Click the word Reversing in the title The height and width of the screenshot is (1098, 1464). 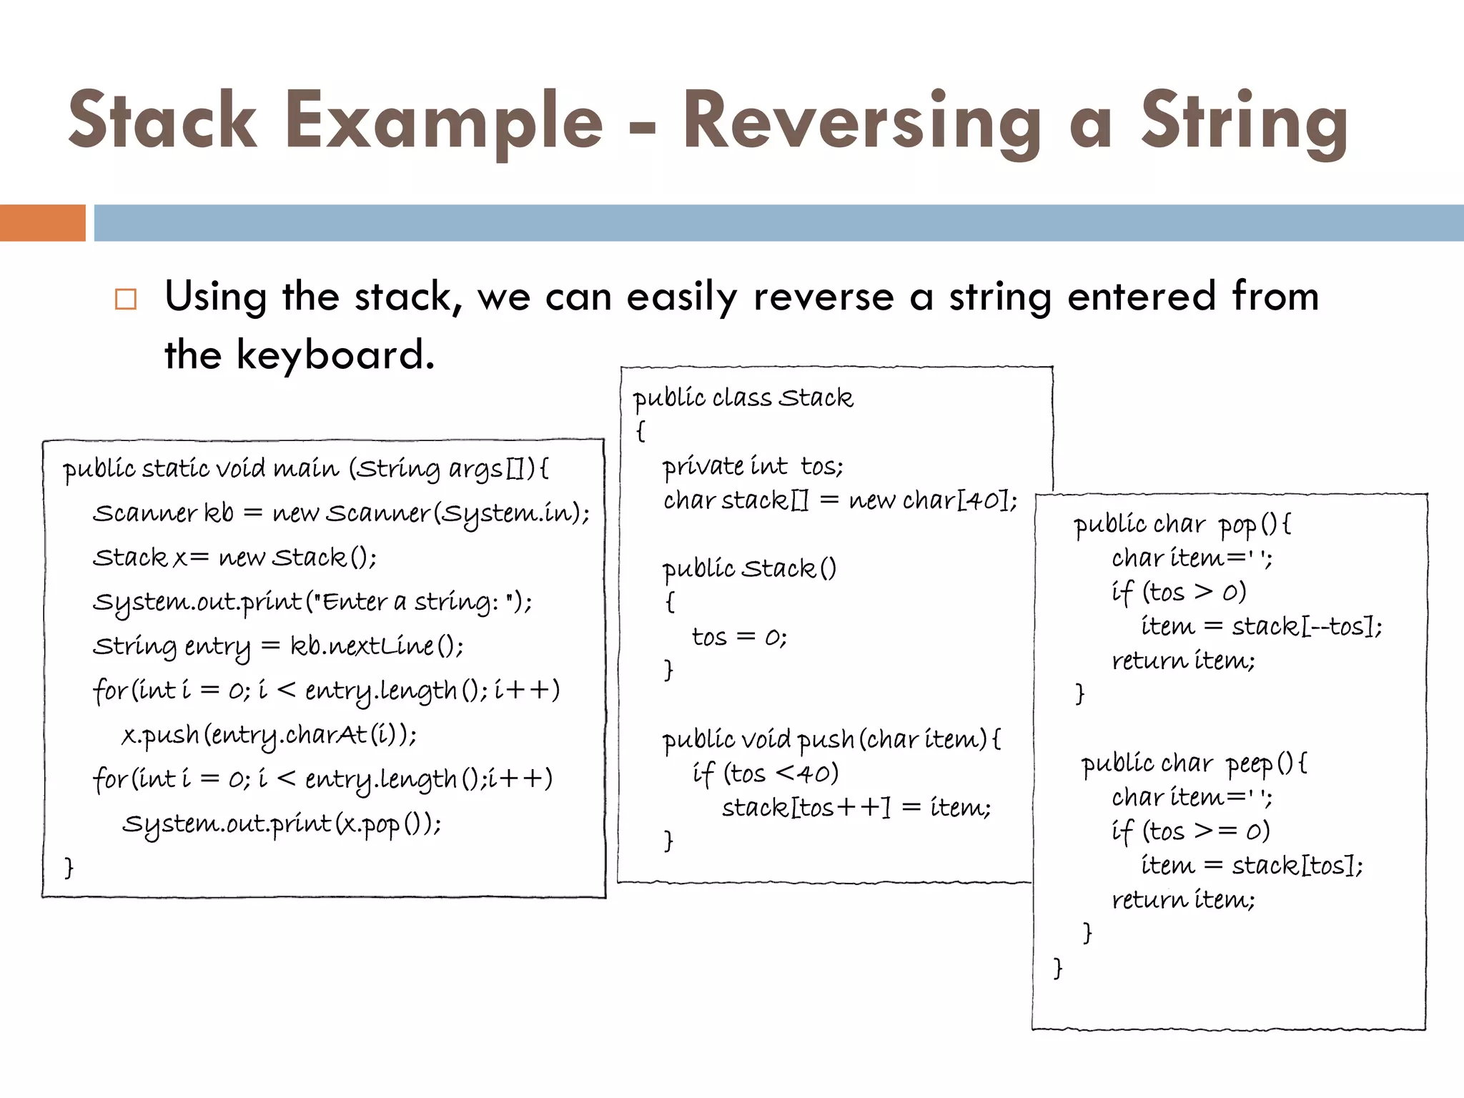pyautogui.click(x=861, y=122)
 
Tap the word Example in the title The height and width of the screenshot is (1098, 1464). pyautogui.click(x=444, y=122)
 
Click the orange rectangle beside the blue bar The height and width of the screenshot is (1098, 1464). pyautogui.click(x=42, y=223)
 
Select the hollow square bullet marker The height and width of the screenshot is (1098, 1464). pyautogui.click(x=126, y=299)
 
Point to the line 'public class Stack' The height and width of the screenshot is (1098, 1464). pyautogui.click(x=743, y=398)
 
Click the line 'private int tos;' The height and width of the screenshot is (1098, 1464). pyautogui.click(x=752, y=467)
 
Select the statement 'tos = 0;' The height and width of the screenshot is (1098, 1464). pyautogui.click(x=739, y=637)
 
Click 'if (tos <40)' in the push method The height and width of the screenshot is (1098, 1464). pyautogui.click(x=765, y=773)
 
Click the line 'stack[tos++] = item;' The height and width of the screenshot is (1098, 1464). pyautogui.click(x=856, y=808)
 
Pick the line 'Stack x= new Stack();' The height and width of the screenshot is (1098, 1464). pyautogui.click(x=234, y=558)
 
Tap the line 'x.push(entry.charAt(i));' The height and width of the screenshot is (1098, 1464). pyautogui.click(x=269, y=735)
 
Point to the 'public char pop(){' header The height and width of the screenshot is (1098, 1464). pyautogui.click(x=1182, y=525)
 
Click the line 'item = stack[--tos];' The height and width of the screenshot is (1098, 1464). pyautogui.click(x=1261, y=627)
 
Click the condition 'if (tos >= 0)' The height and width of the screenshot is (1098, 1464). pyautogui.click(x=1190, y=831)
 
